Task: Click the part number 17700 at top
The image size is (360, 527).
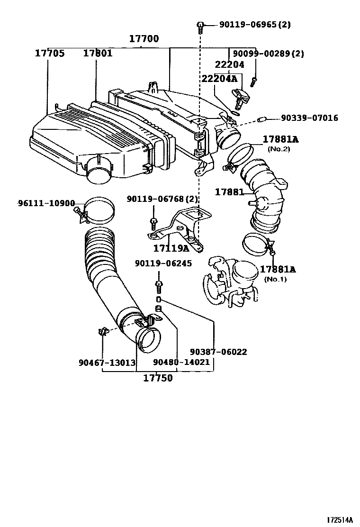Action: (x=144, y=39)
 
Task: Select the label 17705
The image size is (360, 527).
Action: (x=49, y=53)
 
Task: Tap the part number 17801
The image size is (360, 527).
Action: (x=98, y=53)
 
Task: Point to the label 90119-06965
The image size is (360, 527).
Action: (x=248, y=25)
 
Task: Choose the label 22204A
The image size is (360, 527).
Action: (x=219, y=78)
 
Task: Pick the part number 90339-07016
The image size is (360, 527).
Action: (x=309, y=118)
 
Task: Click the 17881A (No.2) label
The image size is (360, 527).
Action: (x=281, y=139)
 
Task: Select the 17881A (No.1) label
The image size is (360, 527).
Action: (x=278, y=270)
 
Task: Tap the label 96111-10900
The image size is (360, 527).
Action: (x=46, y=203)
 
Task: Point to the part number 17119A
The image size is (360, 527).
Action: (x=171, y=248)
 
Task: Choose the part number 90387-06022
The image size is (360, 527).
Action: (x=218, y=352)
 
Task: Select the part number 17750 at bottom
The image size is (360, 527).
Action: (x=158, y=378)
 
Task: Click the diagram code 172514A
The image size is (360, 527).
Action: (x=340, y=520)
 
